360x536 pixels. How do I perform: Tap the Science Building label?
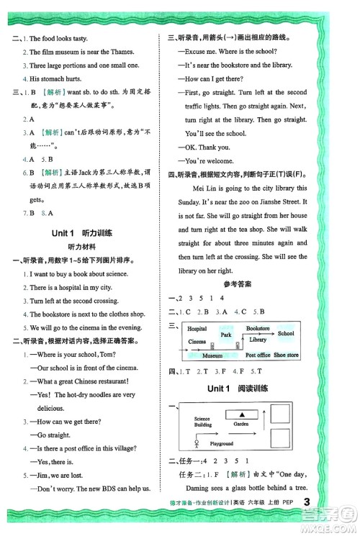pyautogui.click(x=202, y=421)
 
